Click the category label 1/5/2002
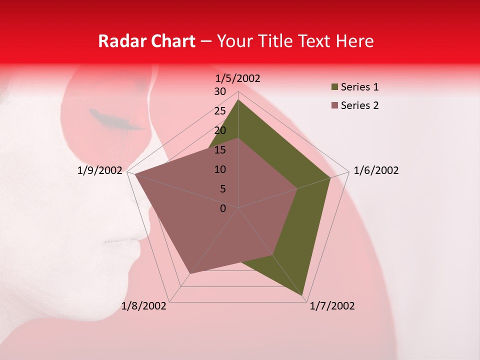click(x=238, y=78)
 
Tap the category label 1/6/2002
click(x=376, y=170)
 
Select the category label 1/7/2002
click(x=332, y=306)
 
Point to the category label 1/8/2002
click(x=144, y=306)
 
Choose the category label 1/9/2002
click(x=100, y=170)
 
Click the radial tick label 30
click(x=220, y=91)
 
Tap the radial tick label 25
click(x=220, y=111)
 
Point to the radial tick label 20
click(x=220, y=130)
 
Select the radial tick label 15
click(x=220, y=150)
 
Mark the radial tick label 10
click(x=220, y=169)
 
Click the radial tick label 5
click(x=222, y=189)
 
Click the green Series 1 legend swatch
click(x=334, y=87)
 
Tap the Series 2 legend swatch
click(x=334, y=105)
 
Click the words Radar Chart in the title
click(x=146, y=41)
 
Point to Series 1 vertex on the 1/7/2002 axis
click(x=303, y=295)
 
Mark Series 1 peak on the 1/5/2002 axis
click(x=238, y=99)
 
